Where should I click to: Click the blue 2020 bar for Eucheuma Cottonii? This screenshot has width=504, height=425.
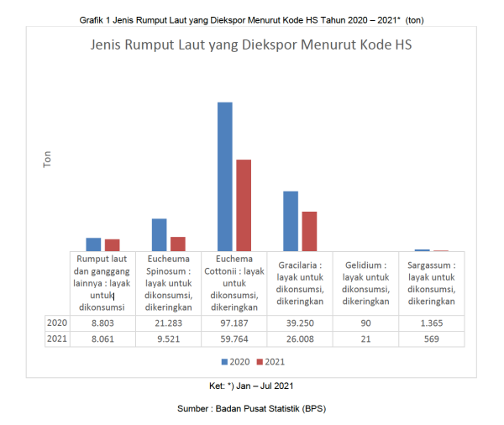(x=225, y=176)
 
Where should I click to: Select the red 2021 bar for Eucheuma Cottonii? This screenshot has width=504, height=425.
(x=244, y=205)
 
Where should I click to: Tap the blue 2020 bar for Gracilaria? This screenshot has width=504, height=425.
(x=291, y=221)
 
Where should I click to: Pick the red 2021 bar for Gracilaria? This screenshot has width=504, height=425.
(x=309, y=231)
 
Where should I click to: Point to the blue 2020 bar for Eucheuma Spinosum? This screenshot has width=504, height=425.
(x=159, y=234)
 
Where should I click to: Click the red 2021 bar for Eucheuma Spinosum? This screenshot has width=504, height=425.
(x=177, y=244)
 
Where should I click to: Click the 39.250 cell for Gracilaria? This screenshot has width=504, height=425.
(x=299, y=323)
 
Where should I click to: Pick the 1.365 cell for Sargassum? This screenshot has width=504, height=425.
(x=431, y=323)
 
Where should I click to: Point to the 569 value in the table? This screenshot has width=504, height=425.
(x=431, y=339)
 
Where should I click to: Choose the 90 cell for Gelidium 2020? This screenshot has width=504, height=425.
(x=365, y=323)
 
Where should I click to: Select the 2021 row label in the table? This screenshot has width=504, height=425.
(x=57, y=339)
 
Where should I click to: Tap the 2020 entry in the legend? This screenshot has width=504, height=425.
(x=238, y=361)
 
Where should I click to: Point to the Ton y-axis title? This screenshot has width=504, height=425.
(x=48, y=160)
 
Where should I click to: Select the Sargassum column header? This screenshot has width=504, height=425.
(x=431, y=283)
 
